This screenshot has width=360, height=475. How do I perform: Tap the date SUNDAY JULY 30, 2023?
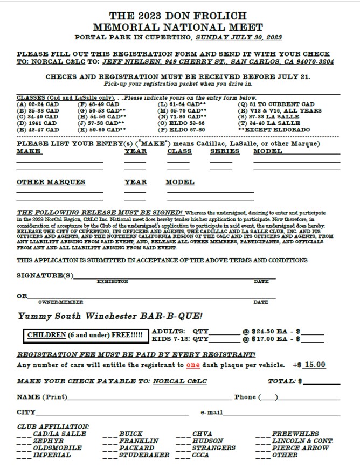coord(239,38)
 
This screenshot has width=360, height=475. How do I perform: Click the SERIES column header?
coord(223,151)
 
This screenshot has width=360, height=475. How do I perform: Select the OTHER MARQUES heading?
coord(51,182)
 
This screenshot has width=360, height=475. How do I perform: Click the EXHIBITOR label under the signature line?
coord(113,281)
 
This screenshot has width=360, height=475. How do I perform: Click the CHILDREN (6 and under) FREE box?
coord(86,334)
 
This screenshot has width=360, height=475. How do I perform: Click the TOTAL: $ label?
coord(285,381)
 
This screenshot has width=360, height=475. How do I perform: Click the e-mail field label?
coord(211,413)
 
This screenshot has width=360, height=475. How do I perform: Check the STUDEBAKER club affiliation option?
coord(142,455)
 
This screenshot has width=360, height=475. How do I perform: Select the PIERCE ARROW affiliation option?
coord(300,448)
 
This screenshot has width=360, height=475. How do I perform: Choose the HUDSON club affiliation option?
coord(207,441)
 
